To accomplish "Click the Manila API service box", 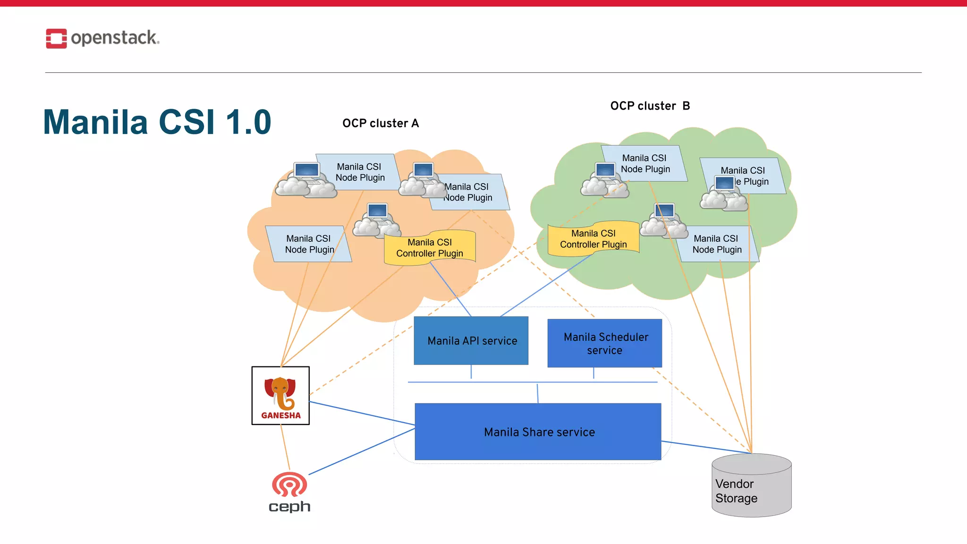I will point(471,340).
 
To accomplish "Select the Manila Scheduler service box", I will point(604,343).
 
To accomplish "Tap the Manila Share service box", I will point(538,432).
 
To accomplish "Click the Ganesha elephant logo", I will point(280,393).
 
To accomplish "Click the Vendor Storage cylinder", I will point(751,486).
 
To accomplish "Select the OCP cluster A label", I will point(381,124).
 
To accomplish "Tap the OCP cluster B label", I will point(650,106).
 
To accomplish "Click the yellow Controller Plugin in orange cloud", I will point(429,248).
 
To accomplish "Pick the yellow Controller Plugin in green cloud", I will point(593,239).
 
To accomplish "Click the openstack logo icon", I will point(56,38).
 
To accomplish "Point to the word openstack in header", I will point(115,38).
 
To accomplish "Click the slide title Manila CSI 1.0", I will point(157,122).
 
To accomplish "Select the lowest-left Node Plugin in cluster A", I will point(309,244).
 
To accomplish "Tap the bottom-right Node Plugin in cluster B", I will point(717,244).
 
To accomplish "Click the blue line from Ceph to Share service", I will point(361,451).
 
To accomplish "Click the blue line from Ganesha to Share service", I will point(361,413).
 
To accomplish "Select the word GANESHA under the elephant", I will point(280,416).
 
